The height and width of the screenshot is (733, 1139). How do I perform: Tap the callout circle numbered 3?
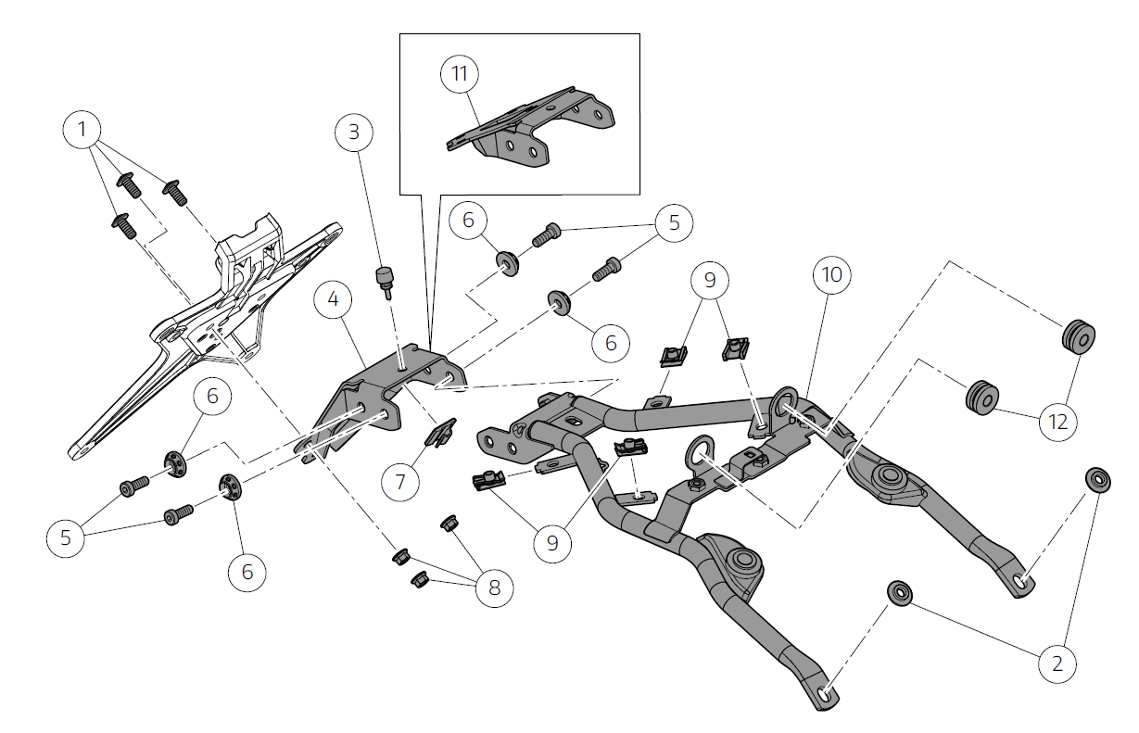(x=353, y=133)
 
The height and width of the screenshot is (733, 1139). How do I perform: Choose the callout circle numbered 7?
(x=400, y=481)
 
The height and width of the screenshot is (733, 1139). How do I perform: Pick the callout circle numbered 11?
(x=461, y=75)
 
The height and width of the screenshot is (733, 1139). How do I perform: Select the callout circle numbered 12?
(x=1058, y=422)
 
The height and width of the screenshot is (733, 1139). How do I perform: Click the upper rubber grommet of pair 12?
(x=1078, y=335)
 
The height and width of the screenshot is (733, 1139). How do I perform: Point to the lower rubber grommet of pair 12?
(x=981, y=397)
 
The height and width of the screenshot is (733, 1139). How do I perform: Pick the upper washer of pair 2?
(x=1097, y=479)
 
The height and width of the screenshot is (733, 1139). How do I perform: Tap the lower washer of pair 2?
(x=899, y=591)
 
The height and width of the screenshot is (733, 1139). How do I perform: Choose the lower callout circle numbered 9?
(x=552, y=542)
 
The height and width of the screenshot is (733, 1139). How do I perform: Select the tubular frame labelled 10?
(x=704, y=482)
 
